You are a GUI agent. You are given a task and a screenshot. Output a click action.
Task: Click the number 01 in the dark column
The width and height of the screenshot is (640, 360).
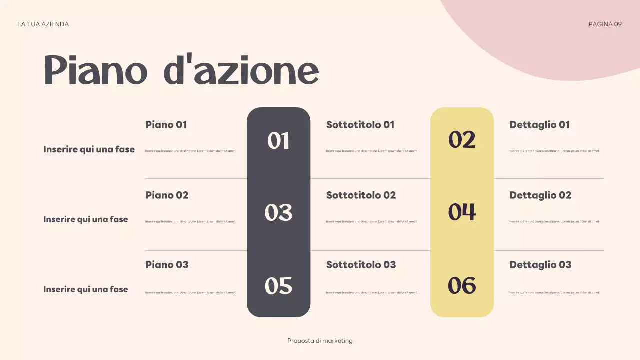[x=278, y=141]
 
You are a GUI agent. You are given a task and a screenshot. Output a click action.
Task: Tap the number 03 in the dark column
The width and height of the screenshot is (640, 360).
[x=278, y=213]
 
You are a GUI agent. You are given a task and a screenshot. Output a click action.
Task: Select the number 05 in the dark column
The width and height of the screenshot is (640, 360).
[x=278, y=286]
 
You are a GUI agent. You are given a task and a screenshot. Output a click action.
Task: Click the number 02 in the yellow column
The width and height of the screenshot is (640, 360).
[x=462, y=140]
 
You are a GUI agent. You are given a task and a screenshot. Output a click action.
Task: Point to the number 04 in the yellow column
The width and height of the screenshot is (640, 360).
[x=462, y=212]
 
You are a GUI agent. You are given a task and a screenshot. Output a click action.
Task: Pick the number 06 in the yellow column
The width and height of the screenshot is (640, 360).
[x=462, y=285]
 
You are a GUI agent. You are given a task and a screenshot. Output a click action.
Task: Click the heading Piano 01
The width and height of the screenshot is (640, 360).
[x=166, y=125]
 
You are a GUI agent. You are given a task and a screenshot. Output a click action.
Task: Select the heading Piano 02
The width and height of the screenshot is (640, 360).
[x=167, y=195]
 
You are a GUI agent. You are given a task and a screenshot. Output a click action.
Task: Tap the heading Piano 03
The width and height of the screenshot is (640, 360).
[x=167, y=265]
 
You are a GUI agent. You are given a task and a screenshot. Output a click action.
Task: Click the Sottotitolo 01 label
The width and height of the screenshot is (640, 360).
[x=360, y=125]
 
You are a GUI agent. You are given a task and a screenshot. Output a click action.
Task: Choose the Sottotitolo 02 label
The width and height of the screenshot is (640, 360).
[x=361, y=195]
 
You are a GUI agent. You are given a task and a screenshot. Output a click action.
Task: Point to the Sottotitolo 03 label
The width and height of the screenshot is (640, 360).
[x=361, y=265]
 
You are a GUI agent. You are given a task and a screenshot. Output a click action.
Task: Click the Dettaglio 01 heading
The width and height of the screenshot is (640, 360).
[x=539, y=125]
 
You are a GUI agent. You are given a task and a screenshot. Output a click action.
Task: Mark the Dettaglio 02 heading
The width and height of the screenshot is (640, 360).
[x=540, y=195]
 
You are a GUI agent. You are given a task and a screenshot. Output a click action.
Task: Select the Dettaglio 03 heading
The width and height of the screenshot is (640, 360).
[x=540, y=265]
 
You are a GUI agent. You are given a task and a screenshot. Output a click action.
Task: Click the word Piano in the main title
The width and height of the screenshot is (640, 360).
[x=95, y=70]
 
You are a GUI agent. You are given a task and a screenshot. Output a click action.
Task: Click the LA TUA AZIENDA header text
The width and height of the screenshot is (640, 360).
[x=43, y=24]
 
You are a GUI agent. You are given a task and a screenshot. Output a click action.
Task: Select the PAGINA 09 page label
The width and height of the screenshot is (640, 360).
[x=605, y=24]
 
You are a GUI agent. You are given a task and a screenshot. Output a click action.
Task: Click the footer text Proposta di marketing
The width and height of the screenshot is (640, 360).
[x=320, y=341]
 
